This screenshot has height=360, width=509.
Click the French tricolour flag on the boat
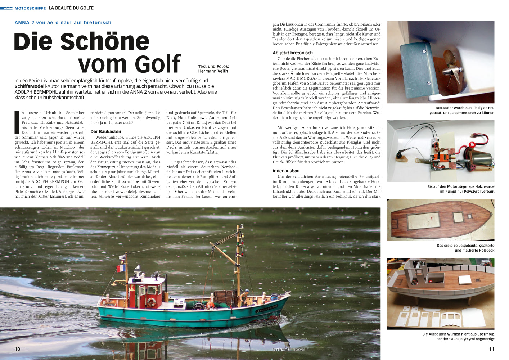[121, 268]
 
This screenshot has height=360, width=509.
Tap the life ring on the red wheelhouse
[151, 302]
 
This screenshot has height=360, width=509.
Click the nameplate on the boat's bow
[267, 308]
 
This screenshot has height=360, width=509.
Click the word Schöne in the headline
[104, 42]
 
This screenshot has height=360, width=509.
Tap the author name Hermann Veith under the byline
[213, 71]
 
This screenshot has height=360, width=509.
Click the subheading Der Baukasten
[106, 132]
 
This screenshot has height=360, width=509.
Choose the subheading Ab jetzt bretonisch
[293, 53]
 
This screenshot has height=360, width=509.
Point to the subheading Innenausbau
[286, 171]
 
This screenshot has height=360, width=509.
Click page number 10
[17, 349]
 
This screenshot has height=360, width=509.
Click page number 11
[491, 349]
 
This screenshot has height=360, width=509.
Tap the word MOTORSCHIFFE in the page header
[30, 8]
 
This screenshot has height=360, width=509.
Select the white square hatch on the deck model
[465, 279]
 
